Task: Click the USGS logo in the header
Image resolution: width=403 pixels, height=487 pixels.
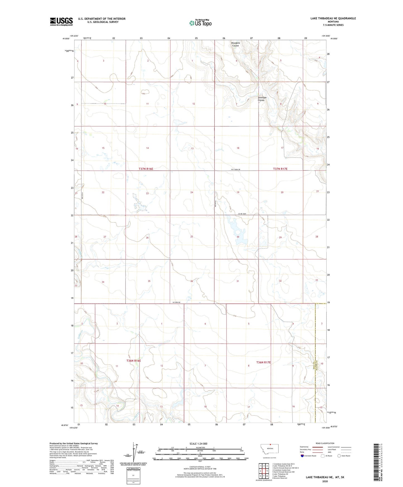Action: coord(61,21)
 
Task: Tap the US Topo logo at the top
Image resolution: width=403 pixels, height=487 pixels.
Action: coord(200,23)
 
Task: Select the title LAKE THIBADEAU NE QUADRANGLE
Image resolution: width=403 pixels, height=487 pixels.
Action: coord(333,18)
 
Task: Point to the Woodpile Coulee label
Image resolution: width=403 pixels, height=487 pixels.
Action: coord(235,44)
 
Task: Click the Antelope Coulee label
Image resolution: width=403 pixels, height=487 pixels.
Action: coord(262,99)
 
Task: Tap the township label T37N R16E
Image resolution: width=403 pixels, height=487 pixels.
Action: coord(146,169)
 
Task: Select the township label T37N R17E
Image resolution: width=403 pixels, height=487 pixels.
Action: coord(280,169)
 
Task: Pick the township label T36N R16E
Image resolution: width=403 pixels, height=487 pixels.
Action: coord(134,361)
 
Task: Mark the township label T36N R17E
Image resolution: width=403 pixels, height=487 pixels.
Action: coord(263,362)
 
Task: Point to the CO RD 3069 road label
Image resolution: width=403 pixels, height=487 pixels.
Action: coord(242,214)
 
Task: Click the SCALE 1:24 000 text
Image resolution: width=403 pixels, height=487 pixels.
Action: coord(198,444)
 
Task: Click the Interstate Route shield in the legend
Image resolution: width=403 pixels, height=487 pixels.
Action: coord(302,456)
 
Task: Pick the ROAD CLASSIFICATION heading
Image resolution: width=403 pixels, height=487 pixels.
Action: coord(325,443)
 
